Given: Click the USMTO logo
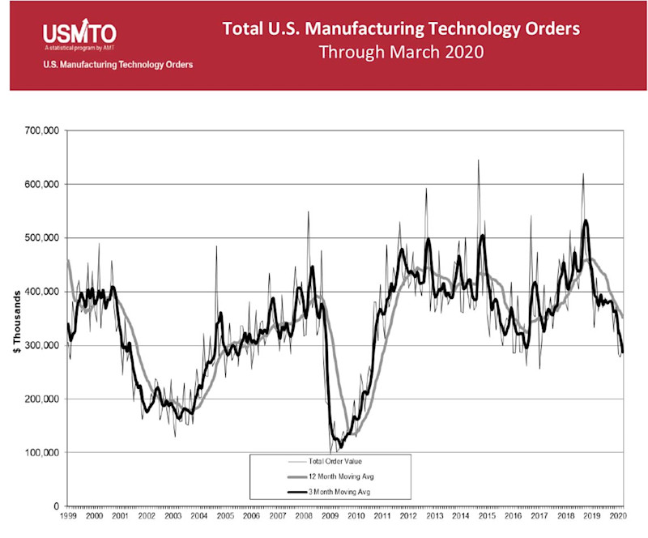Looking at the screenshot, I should click(79, 33).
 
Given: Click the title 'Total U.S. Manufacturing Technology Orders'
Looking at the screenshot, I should click(401, 29).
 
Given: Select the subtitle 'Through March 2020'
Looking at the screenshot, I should click(401, 53).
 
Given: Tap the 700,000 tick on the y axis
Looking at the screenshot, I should click(42, 130).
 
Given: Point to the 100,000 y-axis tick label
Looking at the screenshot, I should click(42, 452).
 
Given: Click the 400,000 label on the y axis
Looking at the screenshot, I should click(42, 292).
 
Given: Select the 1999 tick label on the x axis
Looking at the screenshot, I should click(68, 515).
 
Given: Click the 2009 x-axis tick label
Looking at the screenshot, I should click(330, 515).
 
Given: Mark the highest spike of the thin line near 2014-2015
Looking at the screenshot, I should click(478, 160).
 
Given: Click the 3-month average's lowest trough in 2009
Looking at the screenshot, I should click(341, 446).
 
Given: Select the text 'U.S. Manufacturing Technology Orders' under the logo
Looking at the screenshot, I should click(117, 65).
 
